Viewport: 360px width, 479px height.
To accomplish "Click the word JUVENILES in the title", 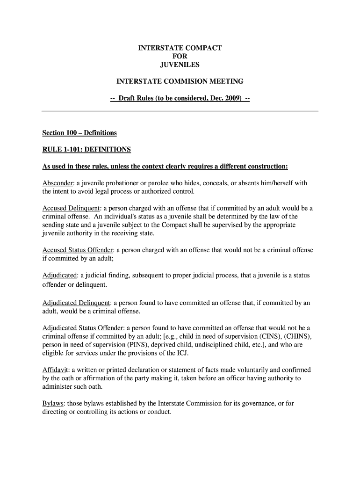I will coord(180,65).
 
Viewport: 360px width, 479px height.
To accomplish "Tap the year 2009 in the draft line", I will coord(232,99).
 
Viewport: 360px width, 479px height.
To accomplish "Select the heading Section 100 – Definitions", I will coord(79,133).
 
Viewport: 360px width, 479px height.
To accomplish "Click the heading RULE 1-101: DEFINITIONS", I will coord(86,150).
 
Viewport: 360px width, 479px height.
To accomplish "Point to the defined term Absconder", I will coord(58,183).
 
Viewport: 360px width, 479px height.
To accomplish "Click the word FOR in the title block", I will coord(180,56).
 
